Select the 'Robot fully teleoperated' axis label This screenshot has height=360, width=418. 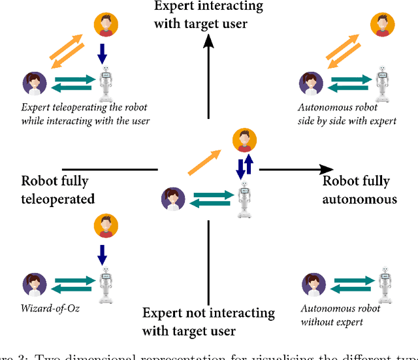pos(58,189)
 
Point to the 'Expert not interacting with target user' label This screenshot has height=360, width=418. pos(208,321)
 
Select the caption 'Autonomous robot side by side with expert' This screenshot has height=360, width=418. pos(346,115)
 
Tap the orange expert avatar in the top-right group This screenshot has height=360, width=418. pos(383,25)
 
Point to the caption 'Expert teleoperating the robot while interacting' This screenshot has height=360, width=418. pos(86,115)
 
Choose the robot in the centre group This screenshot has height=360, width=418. pos(244,198)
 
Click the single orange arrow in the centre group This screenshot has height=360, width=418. pos(203,161)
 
